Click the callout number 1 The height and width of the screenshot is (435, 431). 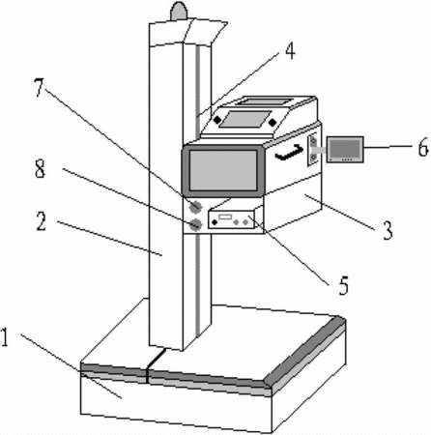(5, 337)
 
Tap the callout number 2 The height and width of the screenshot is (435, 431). (42, 221)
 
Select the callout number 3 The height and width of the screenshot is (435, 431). (388, 230)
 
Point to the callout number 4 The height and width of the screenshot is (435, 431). (290, 50)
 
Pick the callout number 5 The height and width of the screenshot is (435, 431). (344, 285)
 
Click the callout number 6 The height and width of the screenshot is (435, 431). (423, 147)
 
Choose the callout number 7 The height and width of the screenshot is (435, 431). (39, 87)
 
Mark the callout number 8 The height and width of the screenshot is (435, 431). (40, 168)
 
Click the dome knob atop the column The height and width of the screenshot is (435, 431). (179, 11)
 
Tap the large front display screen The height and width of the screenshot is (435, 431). (223, 170)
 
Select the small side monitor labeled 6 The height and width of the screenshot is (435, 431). (345, 149)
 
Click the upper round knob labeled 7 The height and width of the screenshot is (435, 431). (195, 207)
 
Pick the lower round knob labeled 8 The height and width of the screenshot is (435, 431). (195, 224)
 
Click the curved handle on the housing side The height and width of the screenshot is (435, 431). (290, 153)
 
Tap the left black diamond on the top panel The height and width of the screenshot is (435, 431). (217, 120)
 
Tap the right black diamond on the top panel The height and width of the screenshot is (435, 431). (273, 122)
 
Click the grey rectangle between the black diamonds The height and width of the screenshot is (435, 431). (245, 119)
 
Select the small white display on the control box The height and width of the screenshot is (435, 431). (225, 217)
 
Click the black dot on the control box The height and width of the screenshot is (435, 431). (215, 221)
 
